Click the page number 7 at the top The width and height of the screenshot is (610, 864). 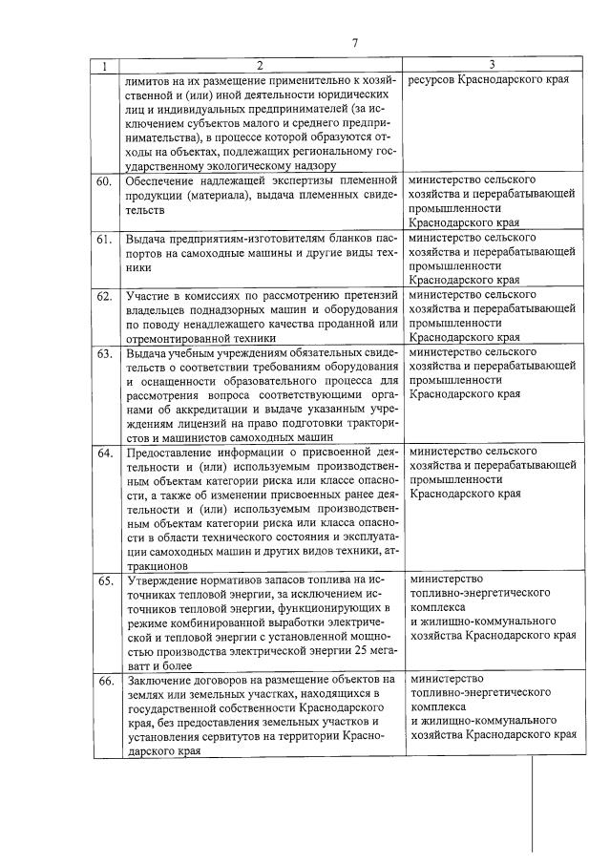[354, 43]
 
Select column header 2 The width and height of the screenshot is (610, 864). [259, 65]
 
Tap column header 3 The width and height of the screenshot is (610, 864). [491, 65]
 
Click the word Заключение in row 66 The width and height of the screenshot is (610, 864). [159, 681]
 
